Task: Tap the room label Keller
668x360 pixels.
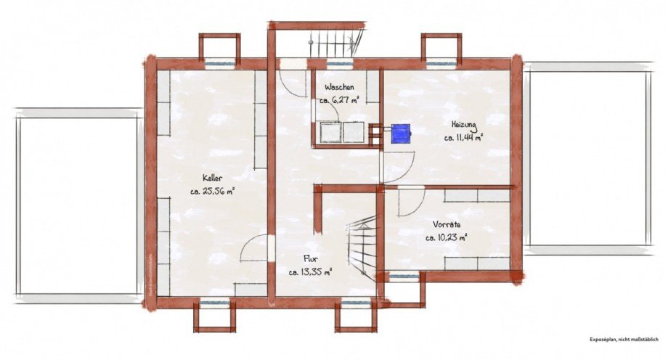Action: point(212,178)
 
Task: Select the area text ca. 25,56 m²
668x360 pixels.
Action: point(212,192)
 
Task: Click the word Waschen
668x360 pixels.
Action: point(339,86)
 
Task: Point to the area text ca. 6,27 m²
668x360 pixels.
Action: point(339,101)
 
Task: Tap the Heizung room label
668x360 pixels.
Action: point(464,123)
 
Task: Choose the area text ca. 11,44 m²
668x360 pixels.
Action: point(464,136)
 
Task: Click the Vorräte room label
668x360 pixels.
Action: point(446,224)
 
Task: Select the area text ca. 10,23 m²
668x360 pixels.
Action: point(446,237)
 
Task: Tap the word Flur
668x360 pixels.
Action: point(311,258)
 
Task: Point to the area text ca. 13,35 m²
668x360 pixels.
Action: point(311,272)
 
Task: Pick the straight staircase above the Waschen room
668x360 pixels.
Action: point(334,44)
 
